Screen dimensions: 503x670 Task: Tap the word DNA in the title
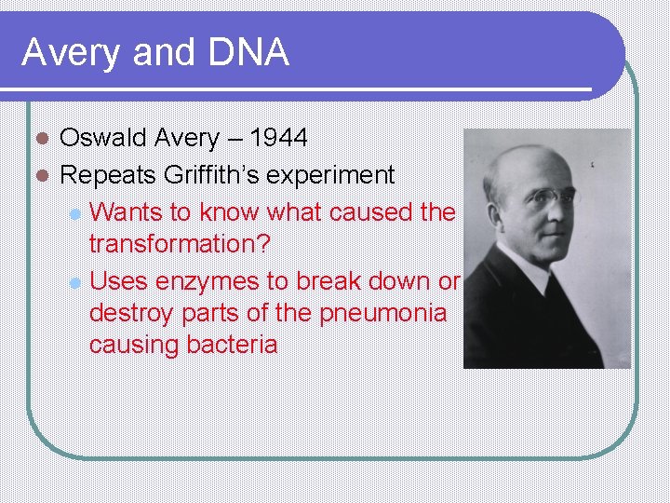coord(248,53)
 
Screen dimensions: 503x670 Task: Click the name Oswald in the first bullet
coord(103,139)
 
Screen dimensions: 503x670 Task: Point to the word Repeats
coord(108,175)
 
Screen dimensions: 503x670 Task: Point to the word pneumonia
coord(383,313)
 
